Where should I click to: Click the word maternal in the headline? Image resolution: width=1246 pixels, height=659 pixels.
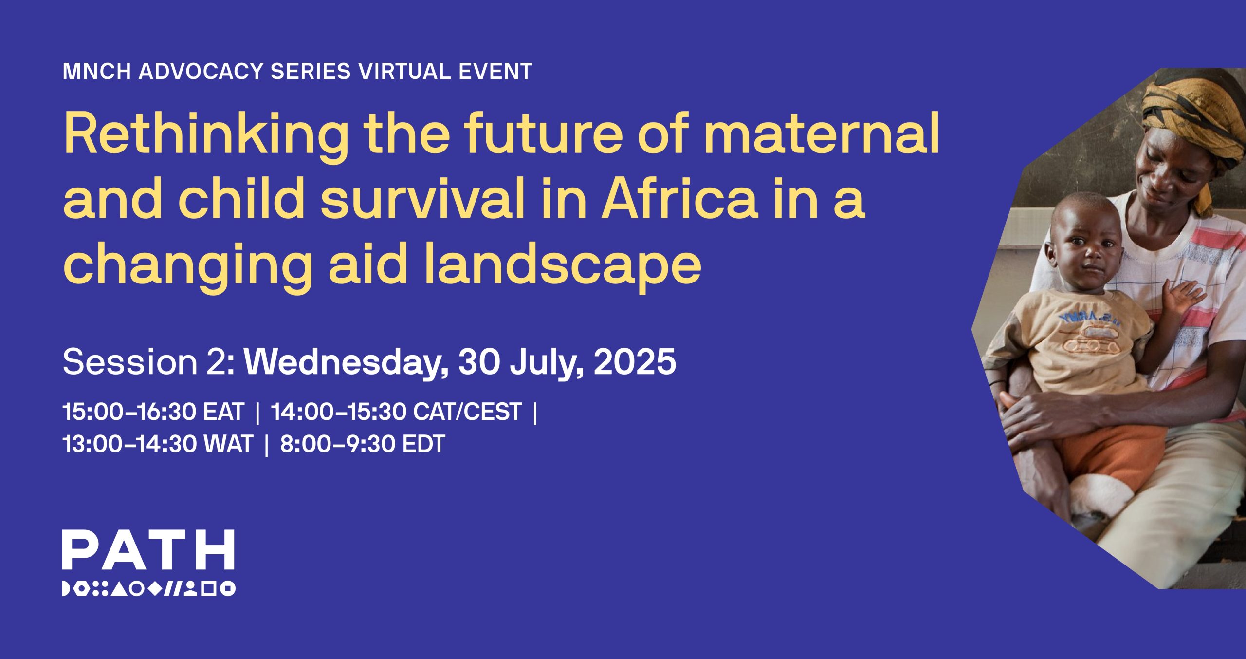[x=822, y=132]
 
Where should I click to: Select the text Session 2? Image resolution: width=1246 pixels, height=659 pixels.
[x=149, y=362]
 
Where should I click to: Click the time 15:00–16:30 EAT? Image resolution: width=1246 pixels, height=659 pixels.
[x=153, y=412]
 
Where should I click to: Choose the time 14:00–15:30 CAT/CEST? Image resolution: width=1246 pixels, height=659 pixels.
[x=396, y=412]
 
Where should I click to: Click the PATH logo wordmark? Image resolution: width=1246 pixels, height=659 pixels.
[x=148, y=549]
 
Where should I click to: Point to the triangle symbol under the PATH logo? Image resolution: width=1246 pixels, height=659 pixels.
[x=120, y=588]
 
